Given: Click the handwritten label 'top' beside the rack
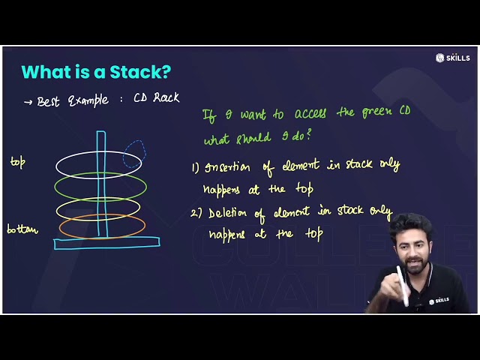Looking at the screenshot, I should coord(18,161).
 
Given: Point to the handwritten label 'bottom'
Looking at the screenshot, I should coord(22,229).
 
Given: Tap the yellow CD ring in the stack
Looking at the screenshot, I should coord(67,208).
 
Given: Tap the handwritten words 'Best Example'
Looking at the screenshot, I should coord(73,100).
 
